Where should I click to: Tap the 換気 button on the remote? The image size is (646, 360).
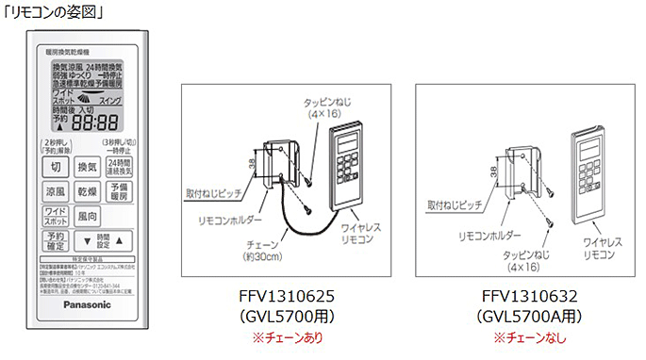click(87, 167)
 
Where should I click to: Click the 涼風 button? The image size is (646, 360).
click(56, 191)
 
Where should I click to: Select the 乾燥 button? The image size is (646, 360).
click(87, 191)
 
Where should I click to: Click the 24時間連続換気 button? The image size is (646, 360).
click(119, 167)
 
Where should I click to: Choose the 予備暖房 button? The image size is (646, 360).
click(119, 191)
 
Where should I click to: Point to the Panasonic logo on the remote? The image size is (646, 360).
click(87, 304)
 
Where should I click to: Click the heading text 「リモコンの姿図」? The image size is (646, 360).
click(43, 12)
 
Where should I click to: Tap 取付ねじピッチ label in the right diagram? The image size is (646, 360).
click(456, 203)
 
